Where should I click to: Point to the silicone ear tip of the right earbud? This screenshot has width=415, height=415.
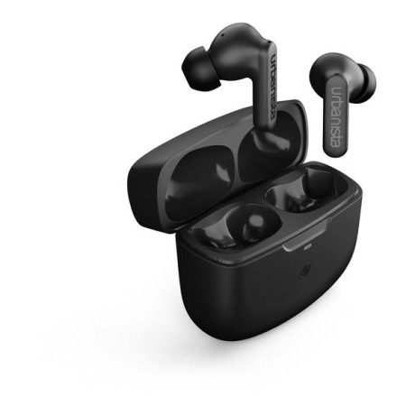(x=367, y=82)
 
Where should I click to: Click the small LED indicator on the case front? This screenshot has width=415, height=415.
(x=308, y=248)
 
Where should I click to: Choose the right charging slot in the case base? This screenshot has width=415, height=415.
(x=304, y=190)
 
